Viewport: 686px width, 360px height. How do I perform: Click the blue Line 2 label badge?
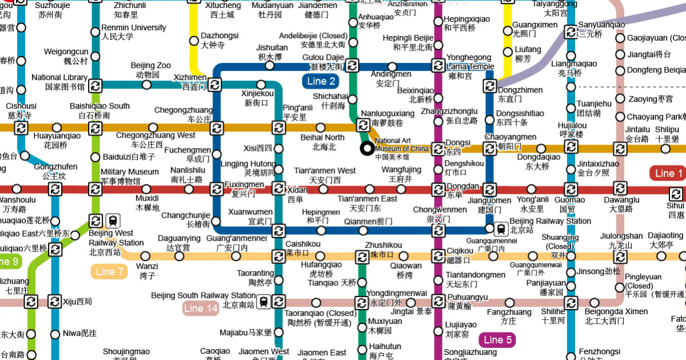[320, 81]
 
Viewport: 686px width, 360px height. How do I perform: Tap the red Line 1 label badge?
[668, 173]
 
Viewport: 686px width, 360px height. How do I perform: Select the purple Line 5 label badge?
[497, 341]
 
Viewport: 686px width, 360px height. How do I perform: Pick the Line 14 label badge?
[201, 309]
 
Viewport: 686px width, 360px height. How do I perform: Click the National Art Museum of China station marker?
[366, 149]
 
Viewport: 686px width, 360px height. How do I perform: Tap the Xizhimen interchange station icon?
[215, 85]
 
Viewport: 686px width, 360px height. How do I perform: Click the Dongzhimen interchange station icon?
[490, 86]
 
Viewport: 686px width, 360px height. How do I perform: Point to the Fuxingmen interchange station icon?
[216, 189]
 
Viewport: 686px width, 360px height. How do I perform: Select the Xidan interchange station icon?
[278, 189]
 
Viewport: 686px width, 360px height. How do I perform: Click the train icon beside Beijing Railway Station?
[501, 229]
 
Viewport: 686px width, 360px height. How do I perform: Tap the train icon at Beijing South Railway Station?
[264, 301]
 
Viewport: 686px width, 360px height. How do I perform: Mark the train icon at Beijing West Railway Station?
[113, 221]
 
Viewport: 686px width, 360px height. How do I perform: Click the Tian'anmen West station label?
[325, 175]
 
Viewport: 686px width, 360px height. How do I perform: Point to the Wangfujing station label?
[401, 174]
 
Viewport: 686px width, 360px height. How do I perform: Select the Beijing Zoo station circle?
[147, 85]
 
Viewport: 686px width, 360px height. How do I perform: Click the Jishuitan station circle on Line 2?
[270, 66]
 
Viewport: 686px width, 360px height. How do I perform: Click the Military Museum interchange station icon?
[95, 189]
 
